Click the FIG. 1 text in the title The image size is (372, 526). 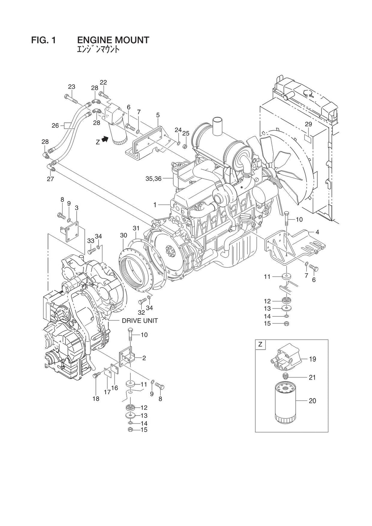point(44,40)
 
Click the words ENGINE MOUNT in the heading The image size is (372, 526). point(113,40)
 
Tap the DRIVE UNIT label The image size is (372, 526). point(139,321)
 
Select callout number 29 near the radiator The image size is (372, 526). point(308,124)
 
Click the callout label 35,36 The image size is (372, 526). point(153,179)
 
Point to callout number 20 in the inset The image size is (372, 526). point(312,401)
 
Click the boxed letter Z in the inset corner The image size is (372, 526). point(260,344)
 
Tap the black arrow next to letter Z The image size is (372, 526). point(105,139)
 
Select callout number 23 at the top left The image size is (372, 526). point(72,86)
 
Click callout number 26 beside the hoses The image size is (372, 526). point(55,126)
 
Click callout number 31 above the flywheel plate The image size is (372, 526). point(136,228)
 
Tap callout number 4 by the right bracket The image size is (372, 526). point(317,232)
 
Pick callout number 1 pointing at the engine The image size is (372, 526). point(155,205)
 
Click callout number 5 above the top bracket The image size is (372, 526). point(158,115)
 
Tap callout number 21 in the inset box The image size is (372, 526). point(312,378)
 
